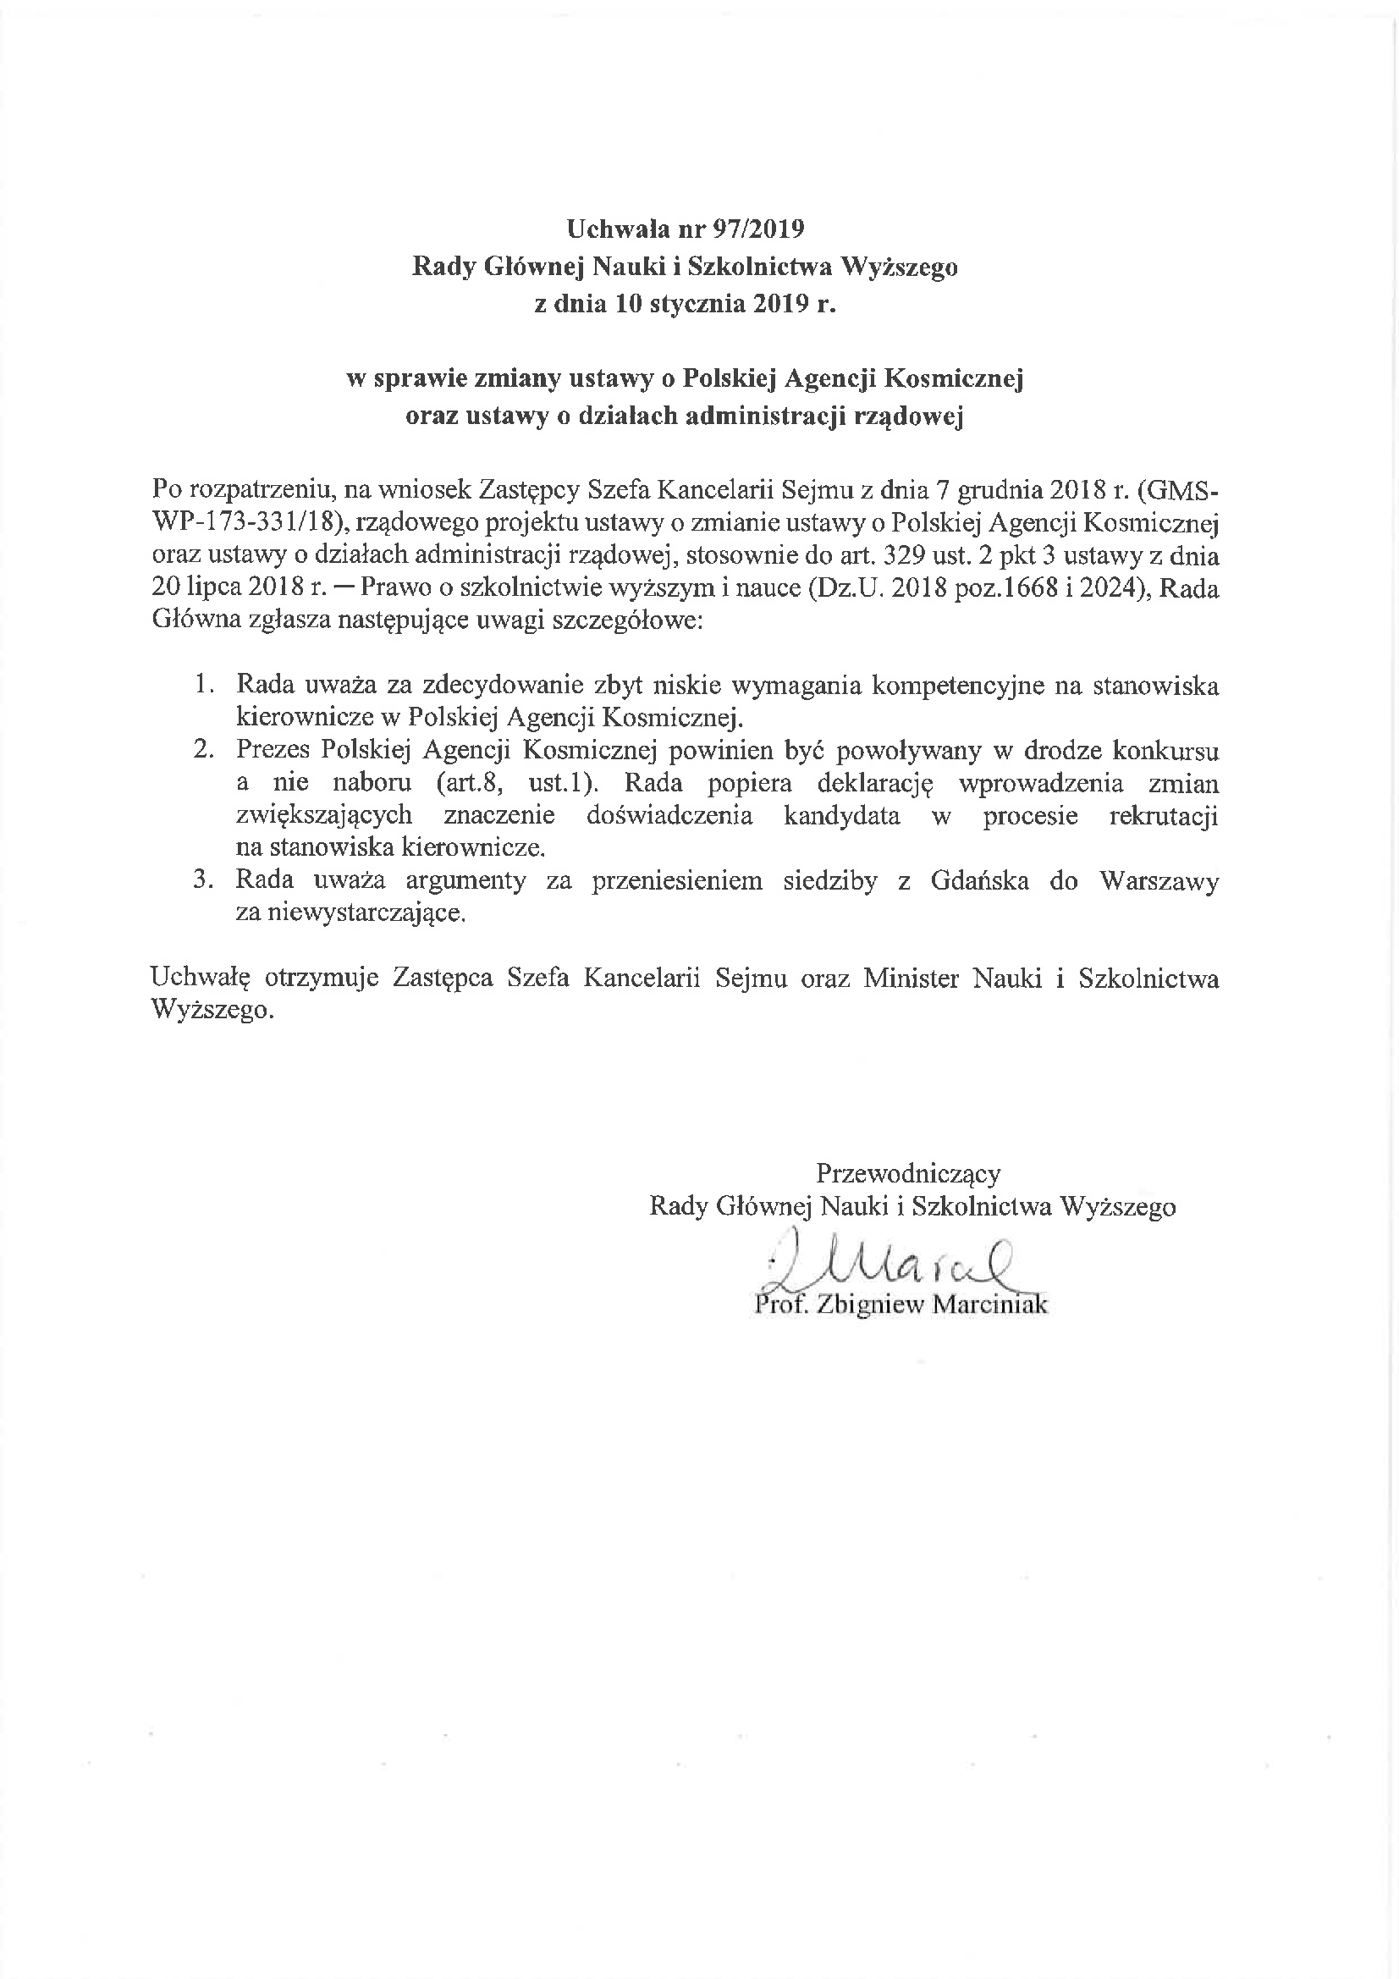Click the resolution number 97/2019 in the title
tap(758, 229)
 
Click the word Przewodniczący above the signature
tap(908, 1173)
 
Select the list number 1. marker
tap(204, 686)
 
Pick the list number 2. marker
tap(204, 750)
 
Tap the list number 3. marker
tap(204, 880)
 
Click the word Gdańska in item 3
tap(979, 881)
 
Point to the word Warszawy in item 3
tap(1159, 881)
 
